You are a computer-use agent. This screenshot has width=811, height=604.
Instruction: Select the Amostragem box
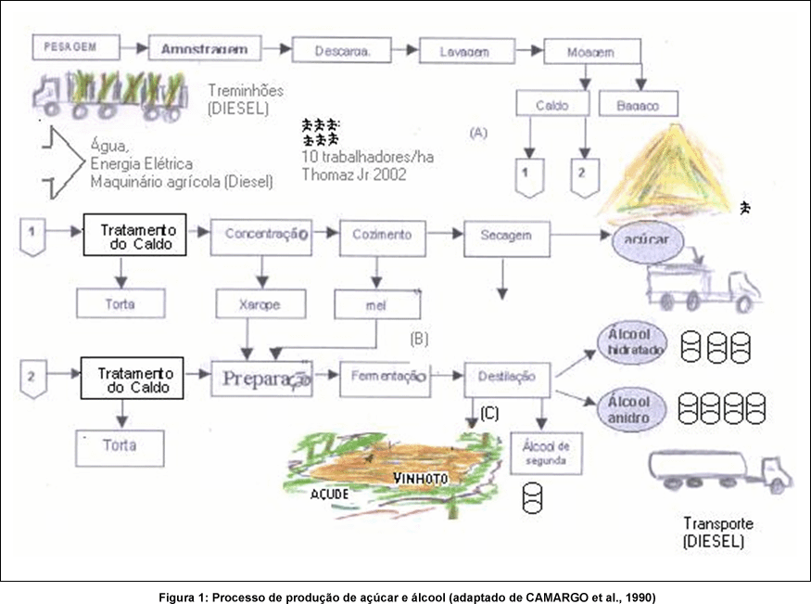(205, 47)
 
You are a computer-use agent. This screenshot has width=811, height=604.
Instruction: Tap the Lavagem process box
(464, 51)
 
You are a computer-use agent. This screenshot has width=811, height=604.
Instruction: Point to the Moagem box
(590, 53)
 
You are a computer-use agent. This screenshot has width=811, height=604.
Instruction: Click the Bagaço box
(639, 105)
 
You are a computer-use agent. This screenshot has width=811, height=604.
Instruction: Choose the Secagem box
(506, 236)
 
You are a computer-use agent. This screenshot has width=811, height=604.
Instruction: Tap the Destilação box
(507, 377)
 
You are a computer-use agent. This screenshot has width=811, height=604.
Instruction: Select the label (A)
(478, 132)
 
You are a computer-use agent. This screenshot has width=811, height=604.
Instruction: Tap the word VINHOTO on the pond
(422, 479)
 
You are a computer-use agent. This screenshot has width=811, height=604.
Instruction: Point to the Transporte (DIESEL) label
(718, 532)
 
